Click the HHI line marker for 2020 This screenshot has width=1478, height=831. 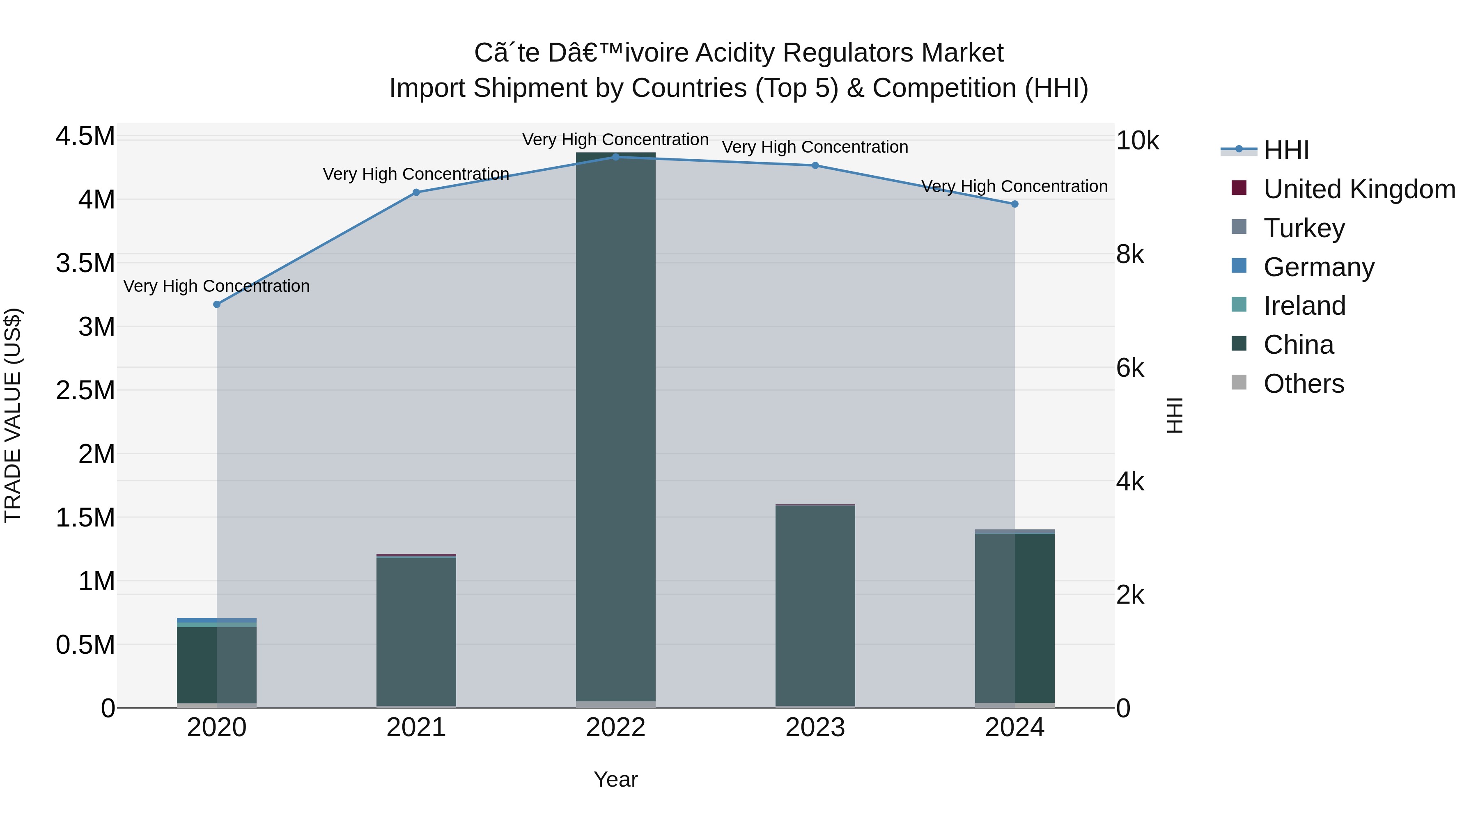click(x=217, y=304)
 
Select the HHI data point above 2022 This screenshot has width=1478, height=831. click(x=616, y=157)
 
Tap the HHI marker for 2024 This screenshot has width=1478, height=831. click(x=1014, y=204)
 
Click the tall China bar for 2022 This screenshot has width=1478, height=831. click(x=616, y=424)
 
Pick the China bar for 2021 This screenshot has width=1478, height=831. click(x=416, y=631)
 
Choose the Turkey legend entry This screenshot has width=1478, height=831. click(x=1304, y=228)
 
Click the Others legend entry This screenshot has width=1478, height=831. click(x=1304, y=384)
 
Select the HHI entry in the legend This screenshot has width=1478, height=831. click(x=1286, y=150)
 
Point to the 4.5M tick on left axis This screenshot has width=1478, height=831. click(x=85, y=137)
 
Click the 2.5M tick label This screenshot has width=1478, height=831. click(x=85, y=391)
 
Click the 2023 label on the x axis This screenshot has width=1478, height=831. click(x=815, y=728)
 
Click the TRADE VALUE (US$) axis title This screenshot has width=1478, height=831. click(x=13, y=415)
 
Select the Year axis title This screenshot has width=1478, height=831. click(x=616, y=779)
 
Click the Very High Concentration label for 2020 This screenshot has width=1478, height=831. click(x=217, y=286)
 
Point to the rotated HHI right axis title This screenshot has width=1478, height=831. click(x=1175, y=415)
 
